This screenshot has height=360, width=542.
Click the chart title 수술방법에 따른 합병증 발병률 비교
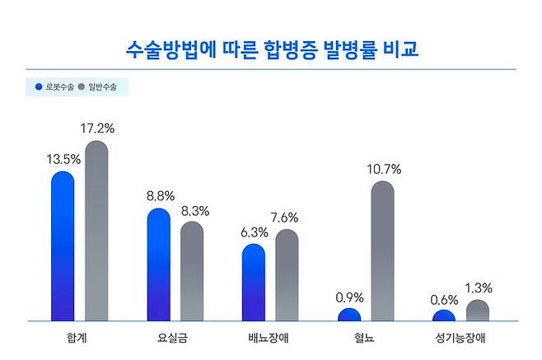tap(271, 49)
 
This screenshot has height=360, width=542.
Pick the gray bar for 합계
tap(97, 231)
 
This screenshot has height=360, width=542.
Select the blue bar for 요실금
tap(158, 264)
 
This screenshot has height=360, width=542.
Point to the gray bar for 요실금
tap(192, 270)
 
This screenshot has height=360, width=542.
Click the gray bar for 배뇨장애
tap(287, 275)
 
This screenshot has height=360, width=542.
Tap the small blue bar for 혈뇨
tap(349, 315)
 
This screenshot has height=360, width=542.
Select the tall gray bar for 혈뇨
tap(382, 250)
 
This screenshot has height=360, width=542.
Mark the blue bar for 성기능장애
tap(444, 316)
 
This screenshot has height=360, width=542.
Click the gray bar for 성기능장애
tap(477, 311)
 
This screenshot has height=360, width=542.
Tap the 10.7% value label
tap(384, 170)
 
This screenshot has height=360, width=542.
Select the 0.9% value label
tap(349, 297)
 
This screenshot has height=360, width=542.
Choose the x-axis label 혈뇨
tap(366, 338)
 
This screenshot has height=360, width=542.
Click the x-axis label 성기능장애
tap(460, 338)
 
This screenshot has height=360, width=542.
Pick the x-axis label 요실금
tap(175, 338)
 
